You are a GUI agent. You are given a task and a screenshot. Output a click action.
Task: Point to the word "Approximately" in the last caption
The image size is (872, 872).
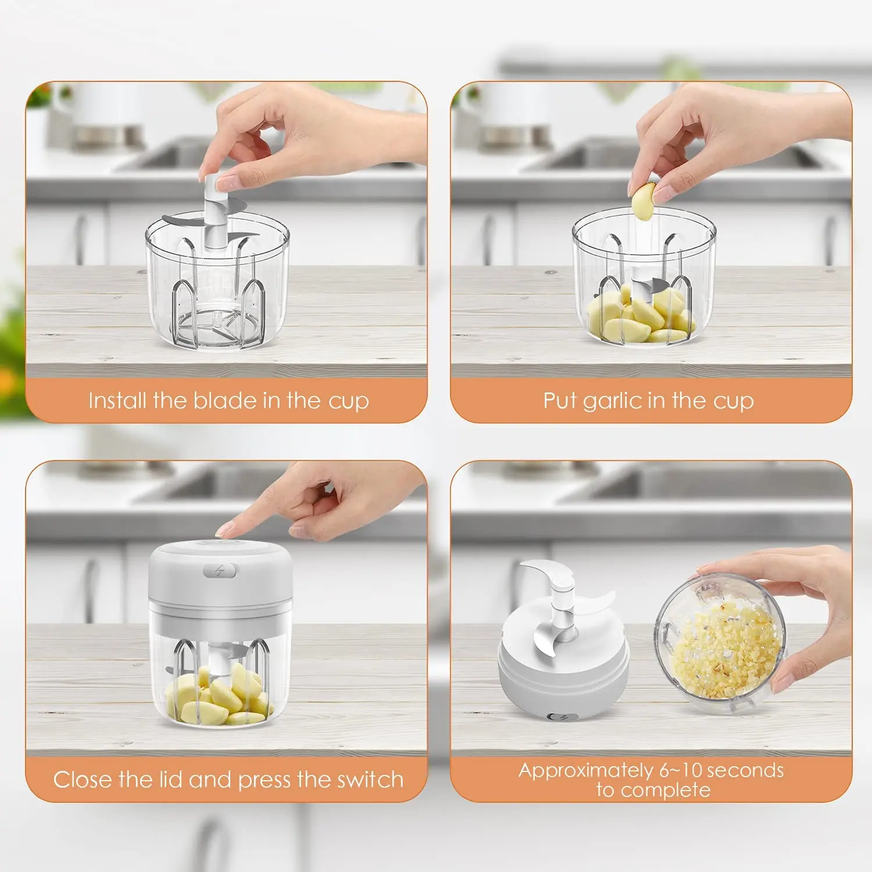click(x=585, y=770)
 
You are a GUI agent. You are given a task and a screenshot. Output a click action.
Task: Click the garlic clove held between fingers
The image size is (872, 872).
click(x=644, y=200)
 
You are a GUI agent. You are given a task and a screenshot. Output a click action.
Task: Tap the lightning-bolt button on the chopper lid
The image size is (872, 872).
click(x=220, y=571)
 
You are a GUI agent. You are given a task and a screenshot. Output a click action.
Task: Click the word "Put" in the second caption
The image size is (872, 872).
click(x=559, y=401)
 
